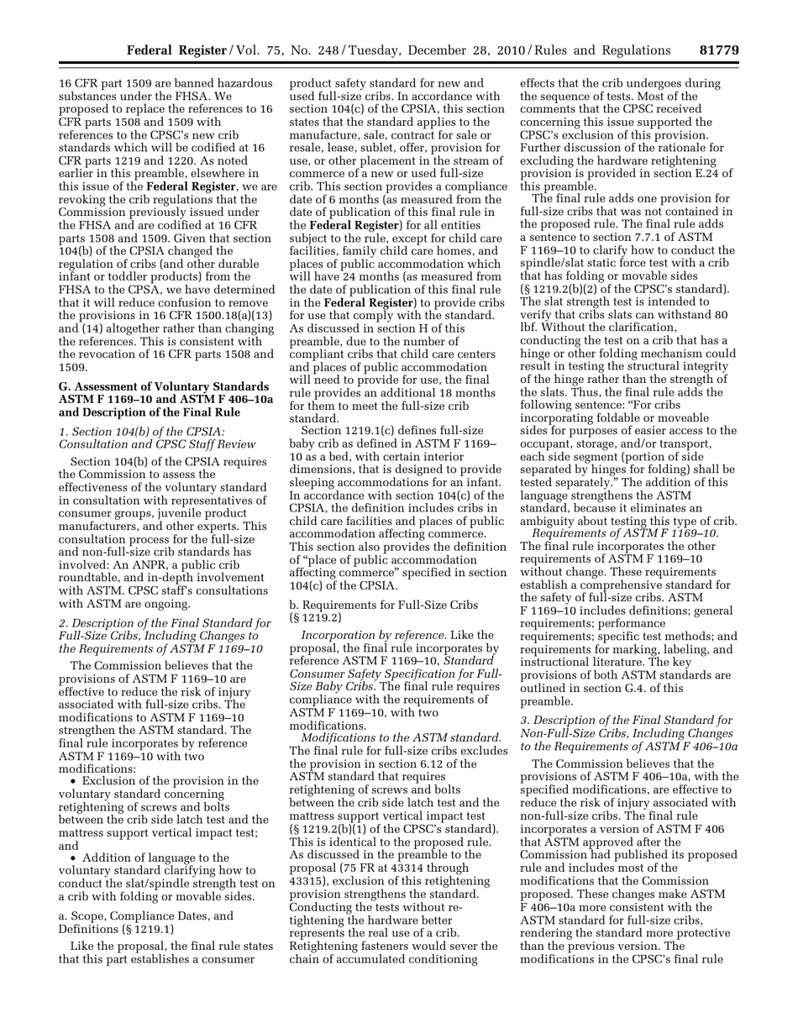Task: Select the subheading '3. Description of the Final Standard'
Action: tap(625, 720)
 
